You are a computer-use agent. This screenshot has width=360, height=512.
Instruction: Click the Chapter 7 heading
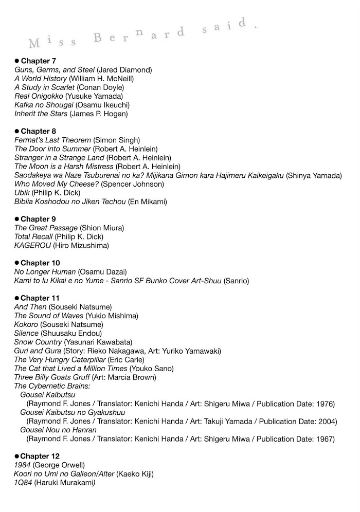[x=38, y=61]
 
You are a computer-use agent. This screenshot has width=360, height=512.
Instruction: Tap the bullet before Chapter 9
[x=16, y=219]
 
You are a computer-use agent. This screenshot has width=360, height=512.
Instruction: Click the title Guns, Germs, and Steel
[x=55, y=69]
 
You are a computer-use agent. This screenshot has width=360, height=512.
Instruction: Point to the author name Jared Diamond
[x=124, y=69]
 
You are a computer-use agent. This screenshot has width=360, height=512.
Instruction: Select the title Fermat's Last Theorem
[x=53, y=140]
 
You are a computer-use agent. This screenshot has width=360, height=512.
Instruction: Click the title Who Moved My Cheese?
[x=57, y=184]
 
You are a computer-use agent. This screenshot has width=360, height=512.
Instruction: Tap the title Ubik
[x=22, y=192]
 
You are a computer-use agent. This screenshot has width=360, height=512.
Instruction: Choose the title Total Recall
[x=33, y=236]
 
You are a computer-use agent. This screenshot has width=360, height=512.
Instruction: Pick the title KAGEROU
[x=32, y=245]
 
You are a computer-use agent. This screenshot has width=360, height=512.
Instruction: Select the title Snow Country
[x=38, y=342]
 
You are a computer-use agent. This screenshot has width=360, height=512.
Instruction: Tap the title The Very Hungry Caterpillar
[x=60, y=359]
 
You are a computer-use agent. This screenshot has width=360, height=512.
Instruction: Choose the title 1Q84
[x=23, y=482]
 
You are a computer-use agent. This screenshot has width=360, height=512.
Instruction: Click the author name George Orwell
[x=58, y=465]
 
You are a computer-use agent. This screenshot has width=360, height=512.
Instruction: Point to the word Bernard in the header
[x=139, y=34]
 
